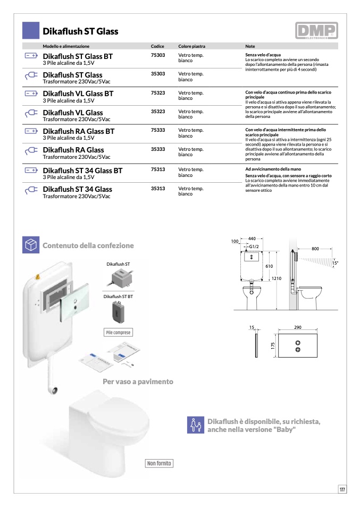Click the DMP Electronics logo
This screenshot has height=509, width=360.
tap(316, 31)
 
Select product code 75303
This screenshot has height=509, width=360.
tap(158, 55)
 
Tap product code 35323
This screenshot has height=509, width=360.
tap(158, 112)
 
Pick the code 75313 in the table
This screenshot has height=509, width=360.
tap(158, 169)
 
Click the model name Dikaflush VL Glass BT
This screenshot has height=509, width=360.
tap(78, 94)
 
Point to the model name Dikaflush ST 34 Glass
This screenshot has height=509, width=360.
tap(77, 189)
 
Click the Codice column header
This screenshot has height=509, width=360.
tap(157, 46)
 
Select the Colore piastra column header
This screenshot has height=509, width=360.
tap(191, 46)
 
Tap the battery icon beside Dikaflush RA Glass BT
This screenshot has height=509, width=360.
tap(31, 131)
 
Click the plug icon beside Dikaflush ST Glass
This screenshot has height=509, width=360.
tap(31, 75)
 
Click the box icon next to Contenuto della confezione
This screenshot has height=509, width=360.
tap(31, 245)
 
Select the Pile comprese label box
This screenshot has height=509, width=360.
tap(118, 333)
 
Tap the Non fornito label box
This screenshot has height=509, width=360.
tap(160, 463)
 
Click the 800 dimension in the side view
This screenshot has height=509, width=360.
tap(315, 249)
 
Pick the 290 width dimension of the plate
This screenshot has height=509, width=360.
tap(298, 327)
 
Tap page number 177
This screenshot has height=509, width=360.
tap(342, 489)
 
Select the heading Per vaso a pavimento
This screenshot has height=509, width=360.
tap(138, 381)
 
